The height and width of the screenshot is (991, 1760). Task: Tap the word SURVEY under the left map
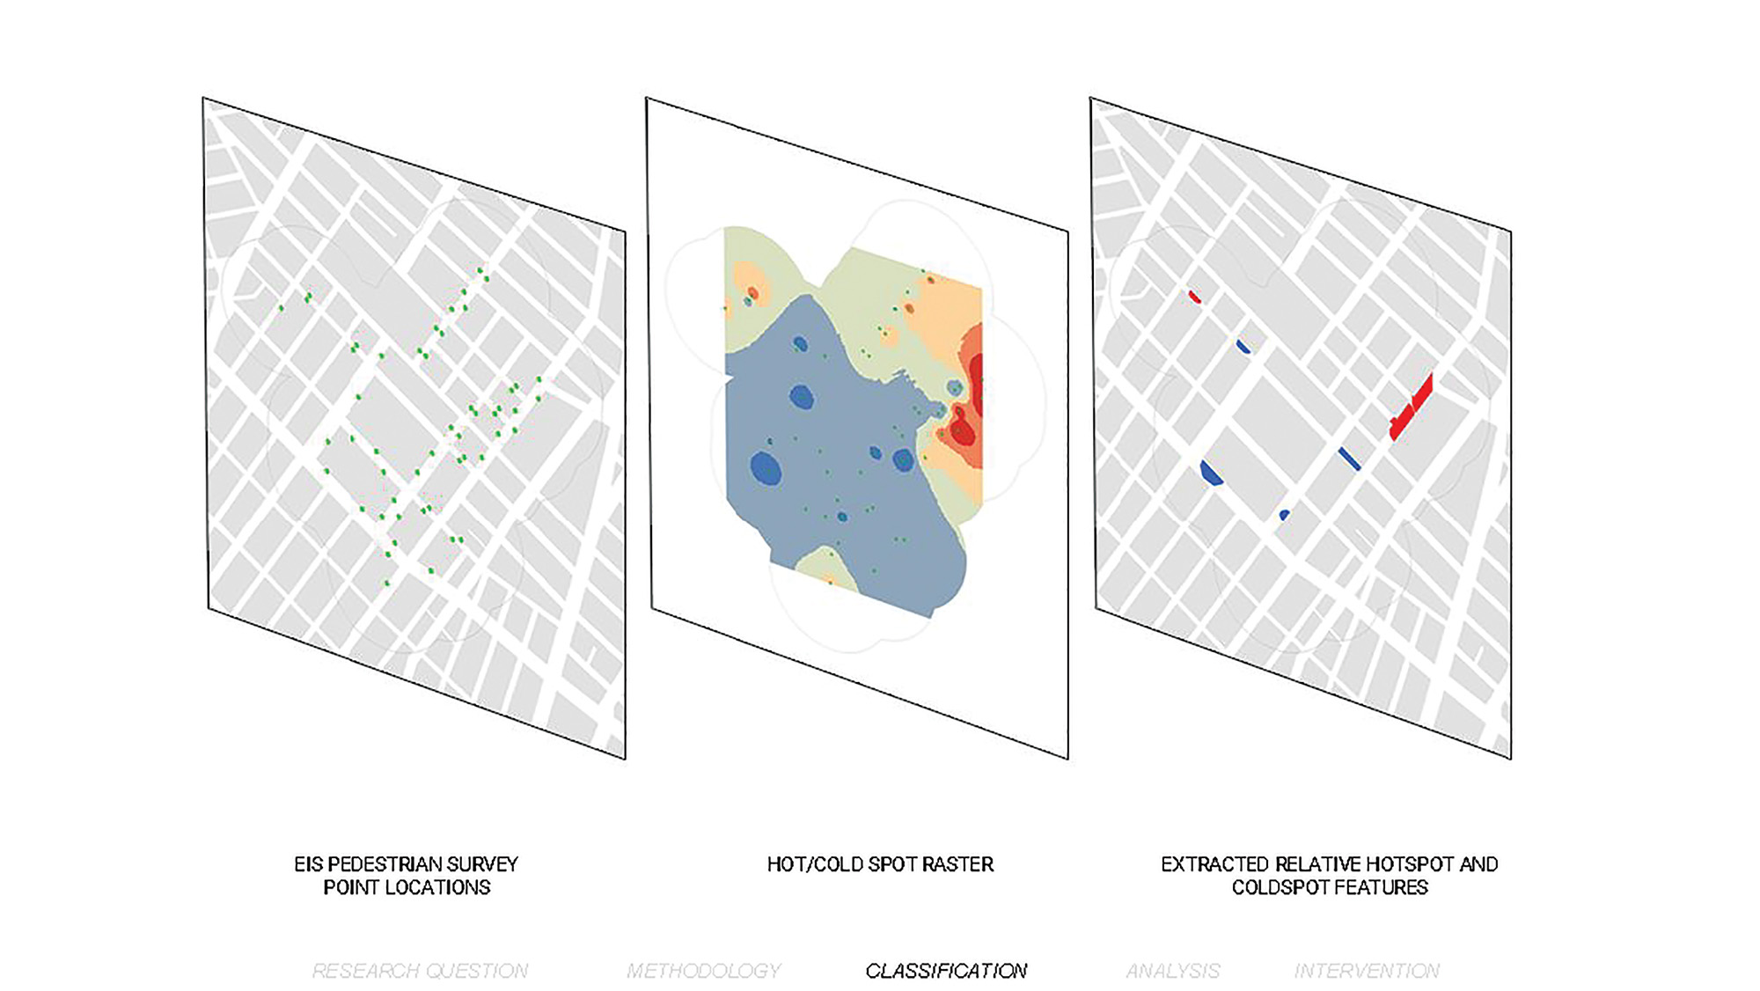pos(485,864)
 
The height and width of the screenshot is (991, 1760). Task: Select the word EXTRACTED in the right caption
pos(1214,864)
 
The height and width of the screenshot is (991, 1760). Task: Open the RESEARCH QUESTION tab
pos(420,971)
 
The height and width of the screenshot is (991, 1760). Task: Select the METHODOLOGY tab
pos(703,971)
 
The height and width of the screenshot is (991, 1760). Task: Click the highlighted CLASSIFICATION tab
pos(946,971)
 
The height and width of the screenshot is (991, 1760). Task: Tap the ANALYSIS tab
pos(1173,971)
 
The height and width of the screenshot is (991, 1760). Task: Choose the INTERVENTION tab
pos(1367,971)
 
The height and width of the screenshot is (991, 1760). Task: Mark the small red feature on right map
pos(1194,297)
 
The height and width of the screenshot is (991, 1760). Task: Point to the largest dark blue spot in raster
pos(766,468)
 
